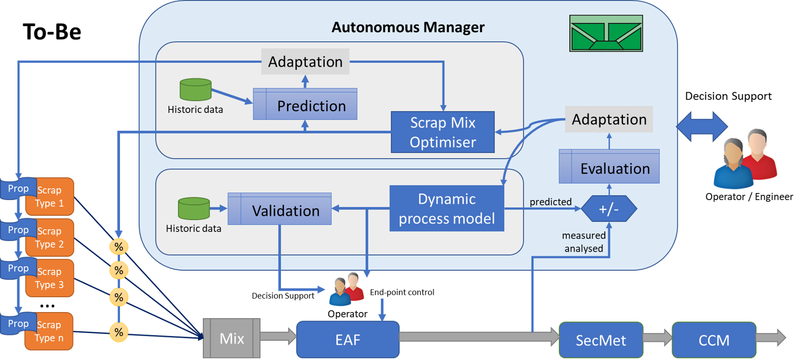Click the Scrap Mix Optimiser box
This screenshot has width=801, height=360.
coord(442,132)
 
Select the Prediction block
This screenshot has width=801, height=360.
coord(305,104)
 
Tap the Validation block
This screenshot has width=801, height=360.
coord(280,209)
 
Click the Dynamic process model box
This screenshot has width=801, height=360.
coord(447,208)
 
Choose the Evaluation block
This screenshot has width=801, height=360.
coord(609,167)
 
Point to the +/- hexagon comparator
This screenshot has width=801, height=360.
coord(609,209)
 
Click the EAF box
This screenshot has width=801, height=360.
coord(347,340)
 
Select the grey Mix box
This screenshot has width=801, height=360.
coord(232,338)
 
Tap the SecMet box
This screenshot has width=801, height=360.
coord(601,340)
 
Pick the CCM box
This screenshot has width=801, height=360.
coord(714,340)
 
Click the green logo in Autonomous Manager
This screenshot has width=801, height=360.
coord(606,33)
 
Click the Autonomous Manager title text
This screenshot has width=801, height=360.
coord(408,27)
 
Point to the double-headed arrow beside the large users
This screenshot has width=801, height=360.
coord(702,127)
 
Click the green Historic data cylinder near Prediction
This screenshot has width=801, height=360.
coord(195,90)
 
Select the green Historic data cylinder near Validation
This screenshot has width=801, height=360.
coord(194,208)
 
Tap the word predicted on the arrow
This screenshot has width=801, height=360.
coord(550,202)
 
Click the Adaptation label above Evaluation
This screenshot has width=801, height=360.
coord(608,120)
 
